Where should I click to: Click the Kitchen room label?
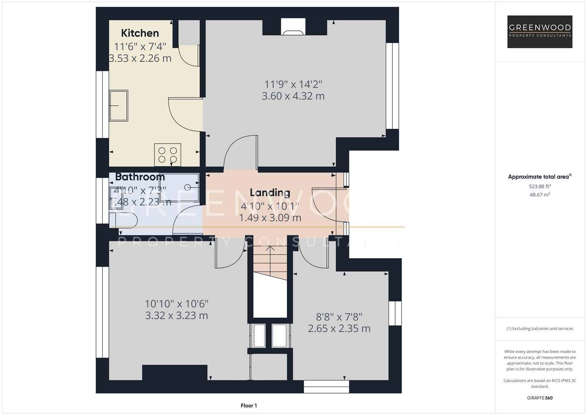point(140,33)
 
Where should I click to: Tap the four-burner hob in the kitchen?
point(168,155)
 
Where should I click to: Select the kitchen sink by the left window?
point(118,106)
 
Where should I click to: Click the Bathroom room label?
point(140,177)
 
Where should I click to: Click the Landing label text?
point(270,192)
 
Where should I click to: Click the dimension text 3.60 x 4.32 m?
point(293,96)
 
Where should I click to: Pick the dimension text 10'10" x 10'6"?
point(176,304)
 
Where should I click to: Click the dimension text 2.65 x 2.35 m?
point(339,329)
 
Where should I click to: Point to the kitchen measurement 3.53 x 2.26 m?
point(140,58)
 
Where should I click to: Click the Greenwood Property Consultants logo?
point(540,32)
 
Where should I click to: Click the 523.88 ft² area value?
point(540,186)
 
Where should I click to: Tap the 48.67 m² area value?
point(540,195)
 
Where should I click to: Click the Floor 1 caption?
point(249,405)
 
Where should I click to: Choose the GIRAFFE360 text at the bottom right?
point(540,398)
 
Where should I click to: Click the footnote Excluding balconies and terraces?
point(540,329)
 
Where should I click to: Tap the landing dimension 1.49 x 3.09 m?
point(270,218)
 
